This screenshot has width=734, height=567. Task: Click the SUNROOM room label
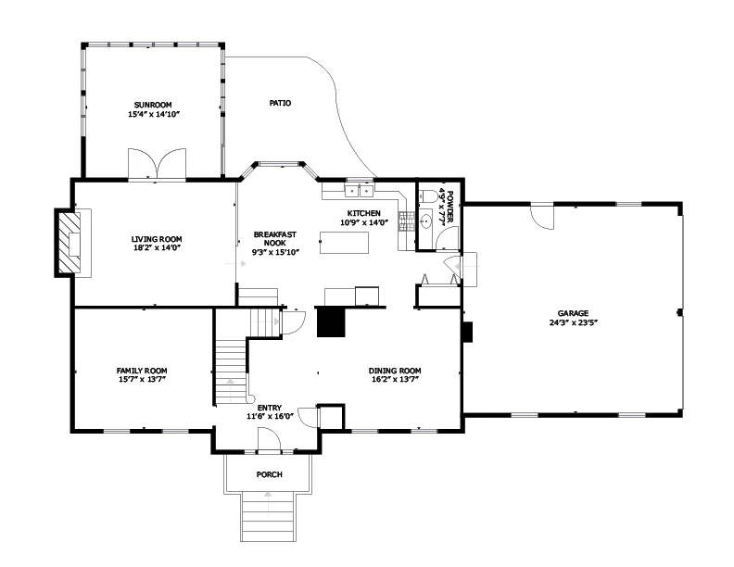[153, 105]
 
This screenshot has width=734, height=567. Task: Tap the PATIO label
[280, 103]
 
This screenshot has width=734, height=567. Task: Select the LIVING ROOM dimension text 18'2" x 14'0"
[157, 248]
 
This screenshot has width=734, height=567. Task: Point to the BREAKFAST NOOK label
[275, 239]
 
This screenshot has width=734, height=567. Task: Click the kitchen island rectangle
[344, 243]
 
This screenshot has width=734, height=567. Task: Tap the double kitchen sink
[359, 191]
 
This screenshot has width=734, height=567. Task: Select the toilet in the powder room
[427, 195]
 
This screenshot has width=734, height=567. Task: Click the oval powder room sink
[426, 221]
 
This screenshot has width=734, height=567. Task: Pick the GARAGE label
[573, 313]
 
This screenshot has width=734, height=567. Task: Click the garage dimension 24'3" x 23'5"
[574, 322]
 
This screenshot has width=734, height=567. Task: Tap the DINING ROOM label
[395, 371]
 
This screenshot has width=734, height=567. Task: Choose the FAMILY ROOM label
[142, 371]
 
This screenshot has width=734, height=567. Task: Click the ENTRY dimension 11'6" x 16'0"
[270, 416]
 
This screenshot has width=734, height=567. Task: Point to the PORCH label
[269, 474]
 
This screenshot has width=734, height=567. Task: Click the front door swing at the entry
[269, 441]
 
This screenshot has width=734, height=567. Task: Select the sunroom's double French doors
[158, 164]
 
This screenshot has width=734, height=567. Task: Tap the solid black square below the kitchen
[331, 322]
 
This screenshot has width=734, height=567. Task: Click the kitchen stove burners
[406, 221]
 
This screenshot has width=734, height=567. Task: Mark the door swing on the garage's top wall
[542, 217]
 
